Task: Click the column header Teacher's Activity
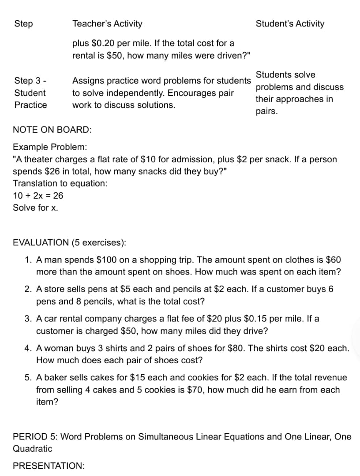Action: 107,24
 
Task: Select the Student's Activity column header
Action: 290,24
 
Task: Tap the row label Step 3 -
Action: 31,81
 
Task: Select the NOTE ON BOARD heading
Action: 52,130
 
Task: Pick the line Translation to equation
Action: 60,183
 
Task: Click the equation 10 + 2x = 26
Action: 38,195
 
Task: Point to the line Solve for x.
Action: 35,208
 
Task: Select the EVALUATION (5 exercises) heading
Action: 69,242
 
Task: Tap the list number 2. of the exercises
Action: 27,290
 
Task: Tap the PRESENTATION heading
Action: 49,466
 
